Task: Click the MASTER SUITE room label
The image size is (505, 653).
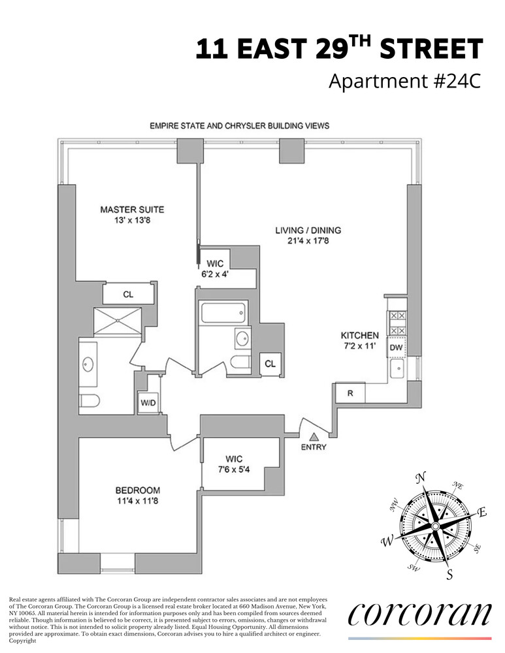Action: [131, 210]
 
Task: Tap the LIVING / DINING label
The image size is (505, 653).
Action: [308, 231]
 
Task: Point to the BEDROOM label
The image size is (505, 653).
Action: [137, 490]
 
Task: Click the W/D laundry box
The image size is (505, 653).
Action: [148, 403]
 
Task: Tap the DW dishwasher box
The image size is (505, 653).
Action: [396, 348]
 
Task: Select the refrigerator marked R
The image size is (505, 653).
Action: [350, 393]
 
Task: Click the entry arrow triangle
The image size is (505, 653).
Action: [314, 437]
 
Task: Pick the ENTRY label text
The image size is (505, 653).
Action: [313, 447]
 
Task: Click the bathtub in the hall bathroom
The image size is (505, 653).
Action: [224, 313]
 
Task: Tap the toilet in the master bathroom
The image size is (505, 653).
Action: [89, 400]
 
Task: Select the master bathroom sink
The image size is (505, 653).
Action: [88, 364]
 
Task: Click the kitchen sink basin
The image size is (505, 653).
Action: [396, 370]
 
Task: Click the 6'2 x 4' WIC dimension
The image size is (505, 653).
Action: [215, 274]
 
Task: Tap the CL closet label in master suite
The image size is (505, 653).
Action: [128, 295]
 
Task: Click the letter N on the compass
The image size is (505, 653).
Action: [421, 477]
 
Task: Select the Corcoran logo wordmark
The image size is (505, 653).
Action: [419, 614]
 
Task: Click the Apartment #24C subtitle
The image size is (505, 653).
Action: [404, 82]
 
